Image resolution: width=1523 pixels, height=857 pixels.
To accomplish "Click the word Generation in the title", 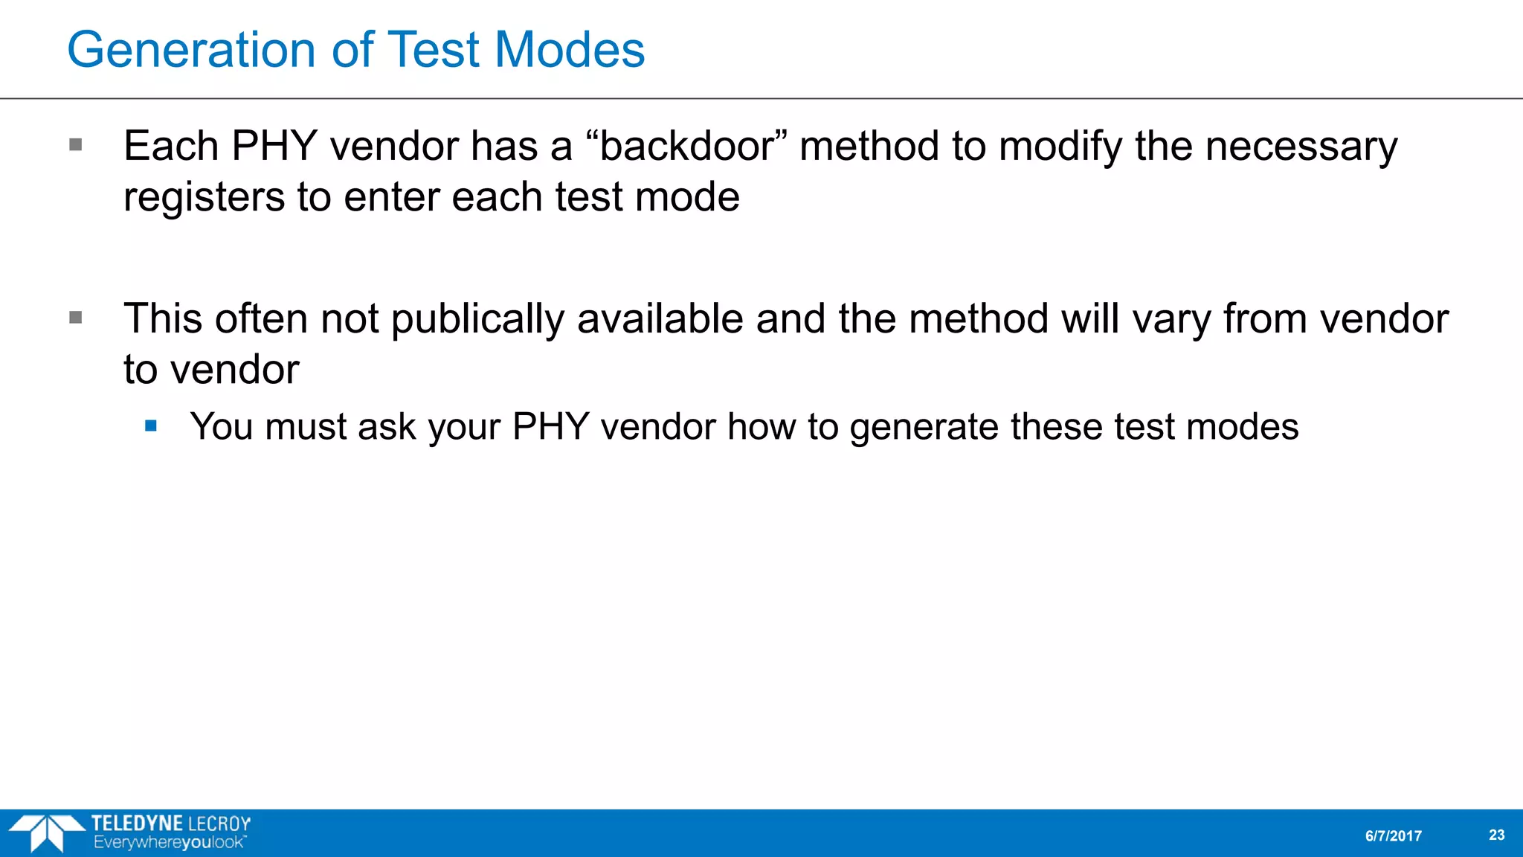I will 192,51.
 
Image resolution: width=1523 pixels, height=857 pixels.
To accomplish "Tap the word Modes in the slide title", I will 570,51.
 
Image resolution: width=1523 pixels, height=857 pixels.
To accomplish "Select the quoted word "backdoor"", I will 686,146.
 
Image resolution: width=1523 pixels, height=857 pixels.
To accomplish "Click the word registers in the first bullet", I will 205,197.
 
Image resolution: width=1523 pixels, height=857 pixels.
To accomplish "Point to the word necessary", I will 1301,146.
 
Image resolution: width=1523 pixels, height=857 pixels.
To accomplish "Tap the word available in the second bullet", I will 660,319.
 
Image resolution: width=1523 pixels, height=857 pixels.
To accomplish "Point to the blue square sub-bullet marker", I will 152,426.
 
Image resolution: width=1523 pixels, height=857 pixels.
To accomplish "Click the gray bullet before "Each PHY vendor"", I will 75,144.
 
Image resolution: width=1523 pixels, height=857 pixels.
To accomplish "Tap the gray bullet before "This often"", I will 75,318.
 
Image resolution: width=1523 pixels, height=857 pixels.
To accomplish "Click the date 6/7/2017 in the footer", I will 1393,836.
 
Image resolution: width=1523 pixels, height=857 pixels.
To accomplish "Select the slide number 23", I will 1496,835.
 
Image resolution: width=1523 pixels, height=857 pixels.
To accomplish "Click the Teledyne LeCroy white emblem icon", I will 47,832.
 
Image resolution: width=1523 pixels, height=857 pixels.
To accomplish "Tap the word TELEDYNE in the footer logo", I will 138,824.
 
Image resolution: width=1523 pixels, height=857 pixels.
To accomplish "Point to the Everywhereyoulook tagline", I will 169,843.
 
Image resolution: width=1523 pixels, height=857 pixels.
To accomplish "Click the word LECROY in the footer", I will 219,824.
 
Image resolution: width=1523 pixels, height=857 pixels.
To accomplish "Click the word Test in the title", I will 434,51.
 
